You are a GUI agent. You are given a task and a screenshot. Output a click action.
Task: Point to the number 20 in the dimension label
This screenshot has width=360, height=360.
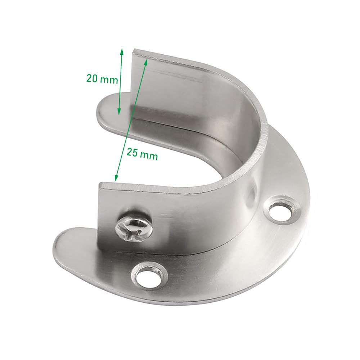click(x=92, y=78)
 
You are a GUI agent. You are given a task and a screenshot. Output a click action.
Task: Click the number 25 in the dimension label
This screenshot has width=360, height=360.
click(x=132, y=152)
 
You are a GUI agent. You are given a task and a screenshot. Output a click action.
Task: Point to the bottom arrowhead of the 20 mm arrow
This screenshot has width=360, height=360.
click(x=119, y=111)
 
